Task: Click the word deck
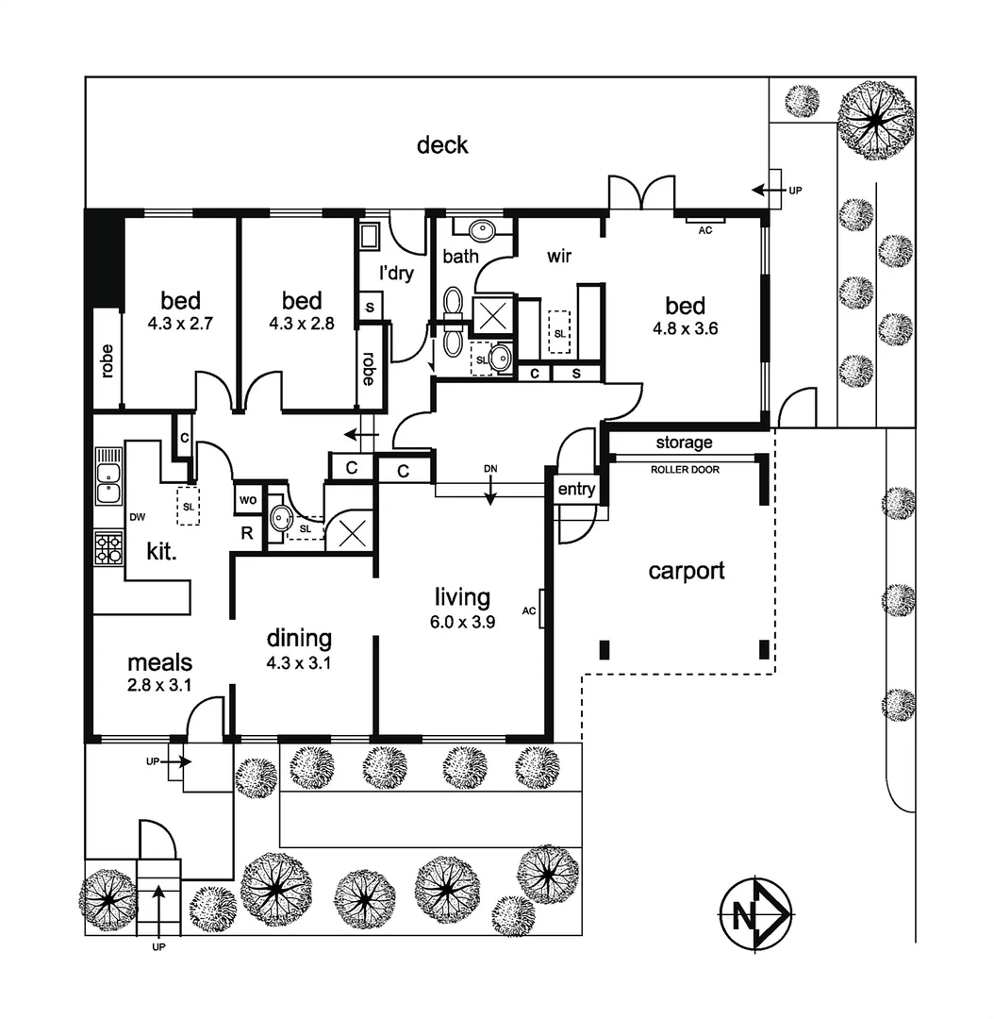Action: tap(442, 145)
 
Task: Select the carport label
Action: tap(687, 571)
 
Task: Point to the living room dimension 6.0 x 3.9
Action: tap(463, 622)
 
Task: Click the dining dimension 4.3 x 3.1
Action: tap(299, 662)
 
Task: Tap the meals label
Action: tap(160, 663)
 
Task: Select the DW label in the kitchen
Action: tap(137, 518)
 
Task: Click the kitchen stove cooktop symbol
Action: tap(108, 547)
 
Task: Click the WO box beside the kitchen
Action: tap(248, 499)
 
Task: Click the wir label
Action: tap(559, 256)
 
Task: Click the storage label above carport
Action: tap(684, 443)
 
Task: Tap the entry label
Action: tap(576, 489)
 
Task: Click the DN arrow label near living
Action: tap(489, 469)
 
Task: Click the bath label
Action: tap(461, 256)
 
